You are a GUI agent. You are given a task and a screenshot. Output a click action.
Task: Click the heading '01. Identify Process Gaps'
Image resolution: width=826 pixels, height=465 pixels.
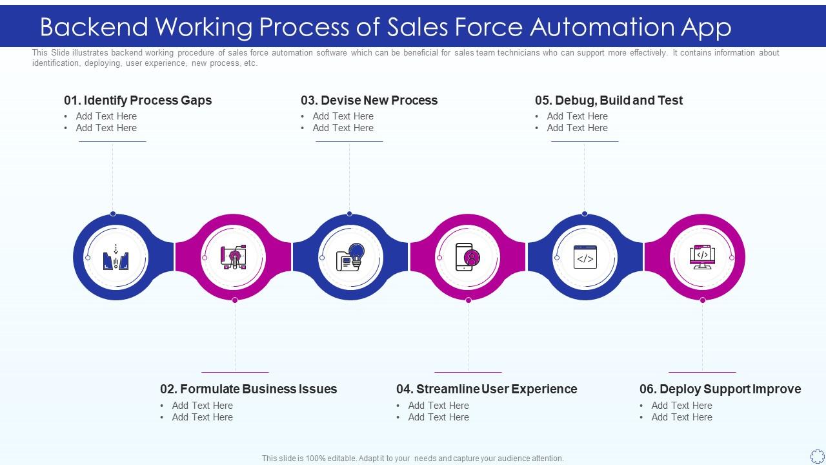(x=137, y=100)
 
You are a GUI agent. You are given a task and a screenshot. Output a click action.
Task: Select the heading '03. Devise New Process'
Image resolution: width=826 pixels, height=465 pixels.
(x=368, y=100)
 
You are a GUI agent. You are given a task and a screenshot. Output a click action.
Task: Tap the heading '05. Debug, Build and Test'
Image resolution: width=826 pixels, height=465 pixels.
(x=609, y=100)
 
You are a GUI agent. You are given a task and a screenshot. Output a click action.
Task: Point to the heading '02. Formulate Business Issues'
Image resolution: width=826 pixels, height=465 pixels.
(x=248, y=389)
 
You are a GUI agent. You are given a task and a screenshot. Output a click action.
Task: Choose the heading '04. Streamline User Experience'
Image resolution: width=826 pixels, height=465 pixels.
(x=487, y=389)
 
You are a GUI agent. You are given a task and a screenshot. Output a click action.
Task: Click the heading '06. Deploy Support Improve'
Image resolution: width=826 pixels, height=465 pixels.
(x=720, y=389)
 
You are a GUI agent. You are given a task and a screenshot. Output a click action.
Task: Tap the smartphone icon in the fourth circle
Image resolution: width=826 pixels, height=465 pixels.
(x=468, y=257)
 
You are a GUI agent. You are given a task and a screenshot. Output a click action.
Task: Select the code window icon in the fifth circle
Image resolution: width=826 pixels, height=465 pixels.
(x=585, y=257)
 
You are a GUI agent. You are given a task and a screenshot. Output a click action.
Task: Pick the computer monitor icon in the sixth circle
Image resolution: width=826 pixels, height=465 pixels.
(x=702, y=257)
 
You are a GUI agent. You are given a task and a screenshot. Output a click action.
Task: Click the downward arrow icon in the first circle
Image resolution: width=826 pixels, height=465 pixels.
(x=116, y=249)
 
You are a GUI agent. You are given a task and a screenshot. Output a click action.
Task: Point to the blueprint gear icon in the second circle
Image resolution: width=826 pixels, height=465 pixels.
(x=234, y=257)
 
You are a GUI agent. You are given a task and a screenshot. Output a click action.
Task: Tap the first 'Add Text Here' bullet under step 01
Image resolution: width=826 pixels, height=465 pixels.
(x=106, y=116)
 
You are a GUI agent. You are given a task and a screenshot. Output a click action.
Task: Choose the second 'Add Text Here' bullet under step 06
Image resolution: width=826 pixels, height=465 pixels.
(x=681, y=417)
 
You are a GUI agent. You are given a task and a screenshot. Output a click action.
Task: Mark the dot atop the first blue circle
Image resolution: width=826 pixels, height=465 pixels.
(x=113, y=213)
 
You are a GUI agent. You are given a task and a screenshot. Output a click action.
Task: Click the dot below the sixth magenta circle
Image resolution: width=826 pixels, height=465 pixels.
(x=703, y=300)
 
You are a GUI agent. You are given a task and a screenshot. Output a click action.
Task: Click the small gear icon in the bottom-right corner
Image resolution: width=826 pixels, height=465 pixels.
(x=817, y=456)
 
